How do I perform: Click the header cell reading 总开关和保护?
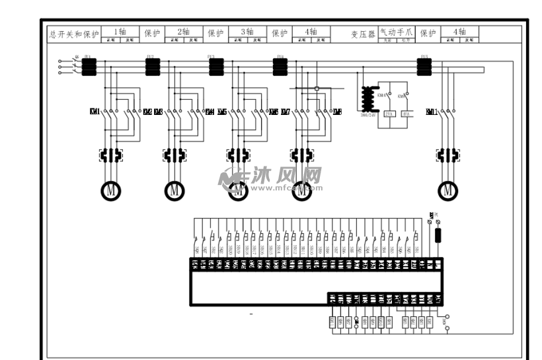tap(74, 33)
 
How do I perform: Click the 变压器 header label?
tap(363, 34)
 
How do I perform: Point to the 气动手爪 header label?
tap(395, 31)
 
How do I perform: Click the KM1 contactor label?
tap(95, 112)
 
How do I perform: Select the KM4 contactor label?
tap(210, 112)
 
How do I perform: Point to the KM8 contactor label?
tap(338, 112)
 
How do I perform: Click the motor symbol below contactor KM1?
tap(111, 190)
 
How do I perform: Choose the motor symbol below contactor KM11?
tap(449, 190)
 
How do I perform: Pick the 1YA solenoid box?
tap(407, 114)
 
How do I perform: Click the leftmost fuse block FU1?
tap(89, 66)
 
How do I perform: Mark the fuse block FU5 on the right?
tap(424, 66)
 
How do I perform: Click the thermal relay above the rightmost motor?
tap(448, 155)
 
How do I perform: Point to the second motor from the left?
tap(174, 190)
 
